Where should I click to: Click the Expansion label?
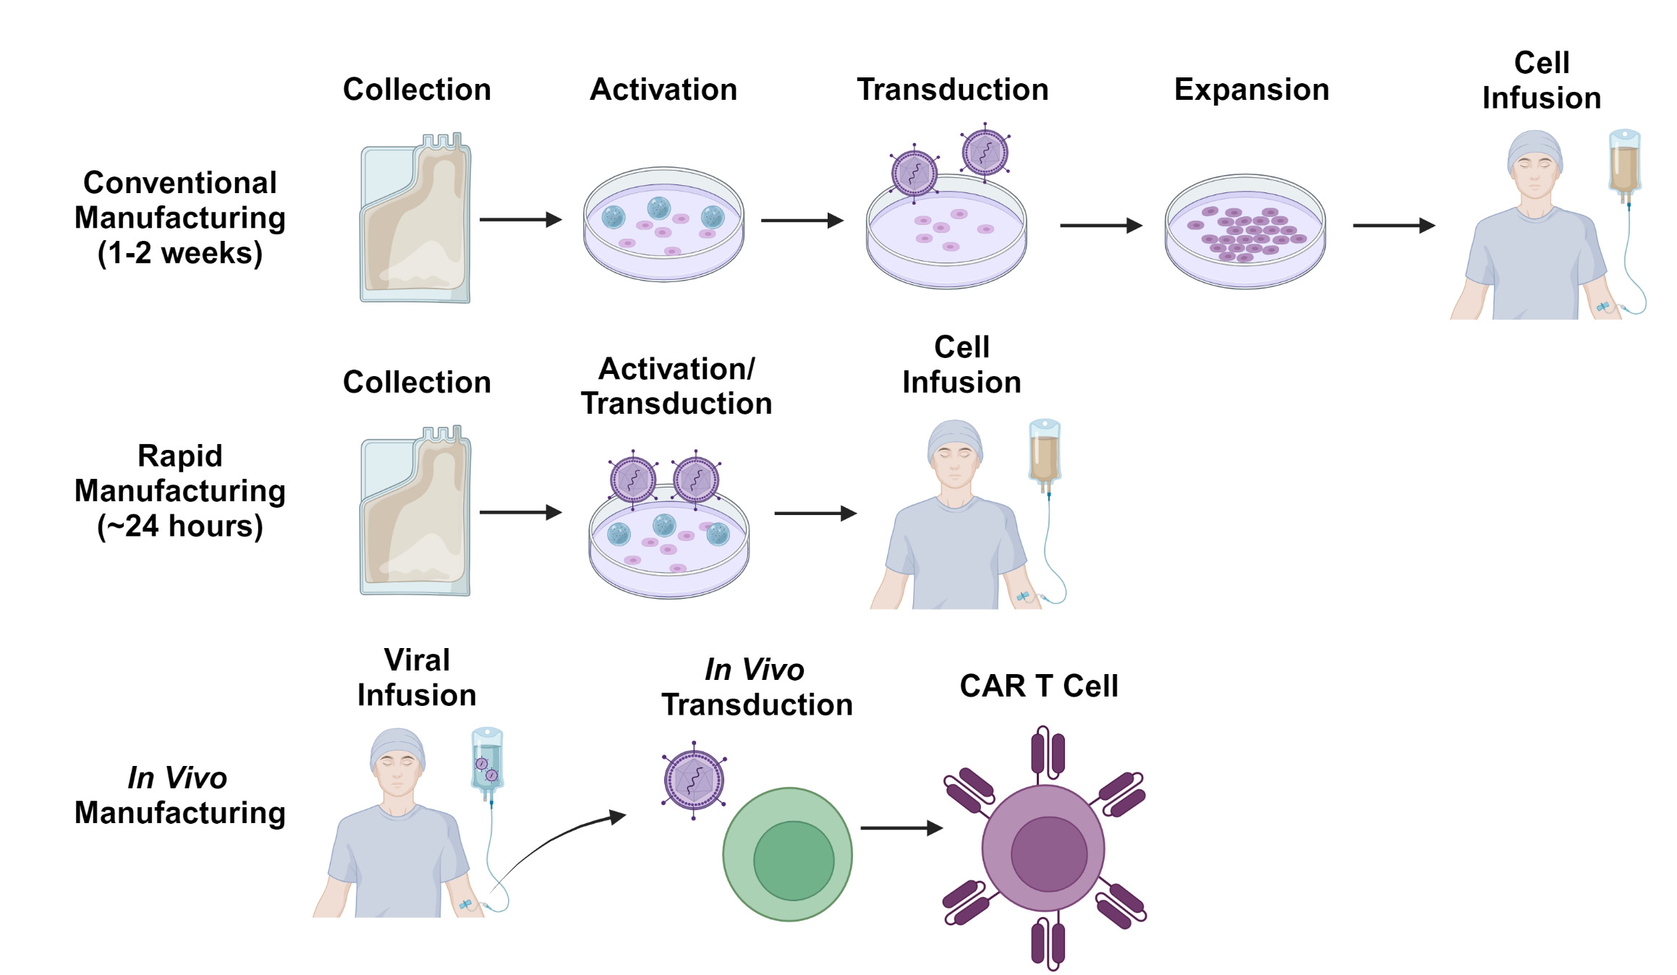tap(1251, 90)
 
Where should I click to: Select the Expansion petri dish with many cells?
tap(1245, 231)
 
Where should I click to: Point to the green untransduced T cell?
tap(788, 854)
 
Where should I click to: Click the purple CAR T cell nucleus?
tap(1048, 854)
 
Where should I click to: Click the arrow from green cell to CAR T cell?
tap(900, 828)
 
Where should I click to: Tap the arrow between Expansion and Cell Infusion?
tap(1393, 226)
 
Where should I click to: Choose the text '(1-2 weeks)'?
tap(180, 253)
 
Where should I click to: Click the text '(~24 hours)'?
tap(180, 526)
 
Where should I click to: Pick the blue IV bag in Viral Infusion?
tap(487, 763)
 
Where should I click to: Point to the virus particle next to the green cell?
tap(694, 780)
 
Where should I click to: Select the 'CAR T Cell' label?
tap(1038, 686)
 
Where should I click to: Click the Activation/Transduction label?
tap(676, 386)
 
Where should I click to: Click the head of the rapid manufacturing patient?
tap(955, 452)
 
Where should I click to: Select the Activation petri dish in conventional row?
tap(663, 224)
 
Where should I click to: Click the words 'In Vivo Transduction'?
tap(757, 687)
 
